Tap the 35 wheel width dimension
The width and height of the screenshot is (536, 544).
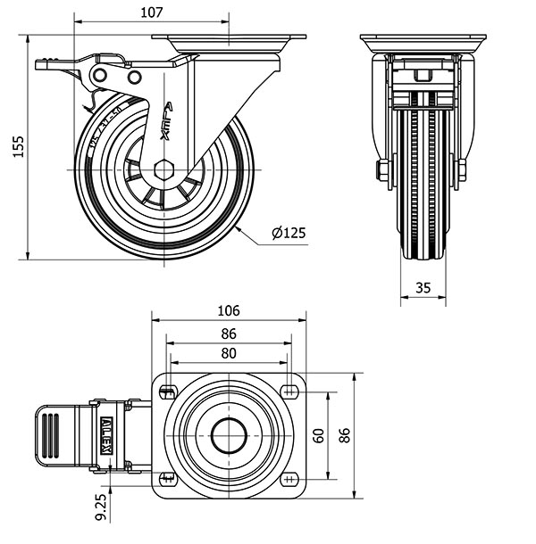pos(423,287)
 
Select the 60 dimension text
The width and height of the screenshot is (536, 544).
pos(319,435)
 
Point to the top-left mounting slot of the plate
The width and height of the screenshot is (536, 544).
pos(167,390)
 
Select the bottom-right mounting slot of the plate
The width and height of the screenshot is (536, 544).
pos(289,480)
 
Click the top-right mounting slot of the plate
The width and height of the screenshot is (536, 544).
pos(289,390)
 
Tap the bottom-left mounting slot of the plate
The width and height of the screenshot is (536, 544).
pos(167,480)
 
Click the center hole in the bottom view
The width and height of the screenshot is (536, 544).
pos(229,435)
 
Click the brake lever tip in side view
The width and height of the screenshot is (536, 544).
pos(43,64)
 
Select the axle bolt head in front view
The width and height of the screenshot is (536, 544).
pos(382,169)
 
